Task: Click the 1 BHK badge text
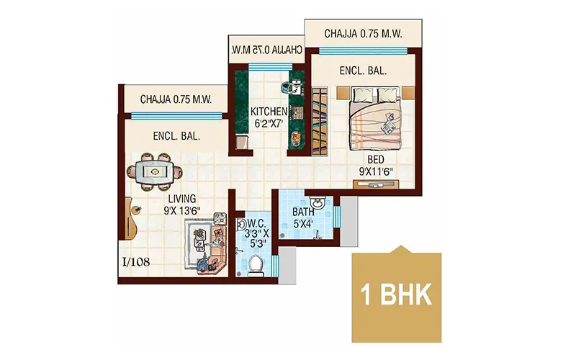click(395, 295)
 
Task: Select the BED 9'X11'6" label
click(374, 166)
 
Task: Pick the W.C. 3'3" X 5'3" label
click(256, 233)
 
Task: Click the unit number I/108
click(135, 261)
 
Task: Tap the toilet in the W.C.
click(256, 265)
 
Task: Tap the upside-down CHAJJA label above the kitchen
click(266, 50)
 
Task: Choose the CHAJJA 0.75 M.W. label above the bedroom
click(362, 34)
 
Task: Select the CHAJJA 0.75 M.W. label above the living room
click(176, 99)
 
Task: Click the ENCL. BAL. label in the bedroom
click(364, 71)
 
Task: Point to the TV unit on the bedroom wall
click(376, 184)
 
